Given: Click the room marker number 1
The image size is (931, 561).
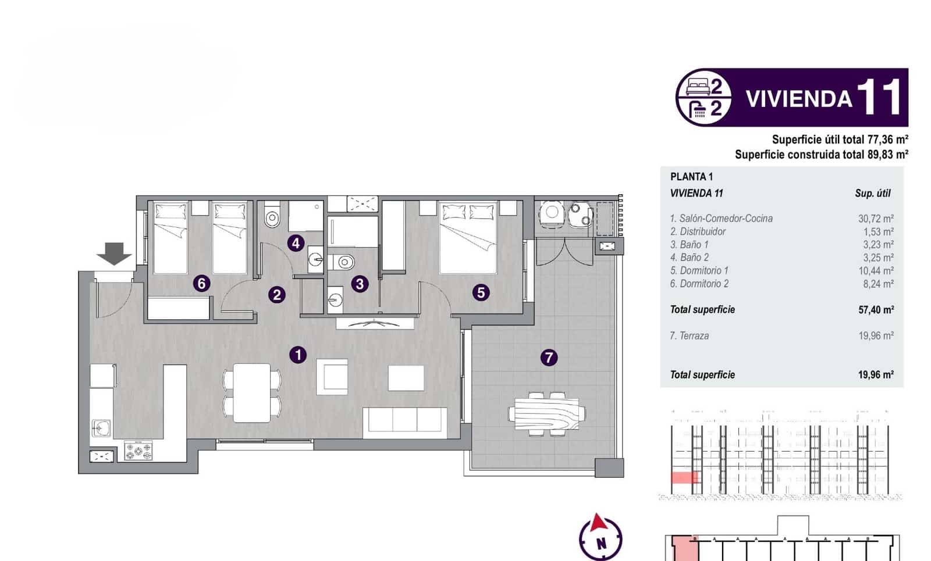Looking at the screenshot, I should (298, 354).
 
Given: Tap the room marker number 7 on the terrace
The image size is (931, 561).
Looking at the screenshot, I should (549, 357).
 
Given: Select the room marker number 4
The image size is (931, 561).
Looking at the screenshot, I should (296, 243).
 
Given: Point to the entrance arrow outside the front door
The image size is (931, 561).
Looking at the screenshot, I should (114, 253).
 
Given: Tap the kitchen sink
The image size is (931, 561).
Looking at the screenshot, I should (102, 428).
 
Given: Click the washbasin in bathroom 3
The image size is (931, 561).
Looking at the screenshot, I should (335, 301).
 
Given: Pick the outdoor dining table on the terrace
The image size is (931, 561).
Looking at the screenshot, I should (547, 413).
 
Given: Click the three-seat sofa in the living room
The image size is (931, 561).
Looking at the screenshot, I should (405, 420).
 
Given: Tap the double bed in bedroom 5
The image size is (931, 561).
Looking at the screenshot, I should (468, 238).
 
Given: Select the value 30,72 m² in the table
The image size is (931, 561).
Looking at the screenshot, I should (876, 219).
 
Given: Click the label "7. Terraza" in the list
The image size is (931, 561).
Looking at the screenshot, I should (690, 335).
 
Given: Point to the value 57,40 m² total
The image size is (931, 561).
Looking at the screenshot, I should (876, 310).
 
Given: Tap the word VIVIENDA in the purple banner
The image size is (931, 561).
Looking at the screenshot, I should (798, 99).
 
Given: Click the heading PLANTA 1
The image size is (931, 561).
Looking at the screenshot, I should (691, 177).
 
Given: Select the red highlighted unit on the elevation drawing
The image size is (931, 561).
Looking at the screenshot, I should (685, 478).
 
